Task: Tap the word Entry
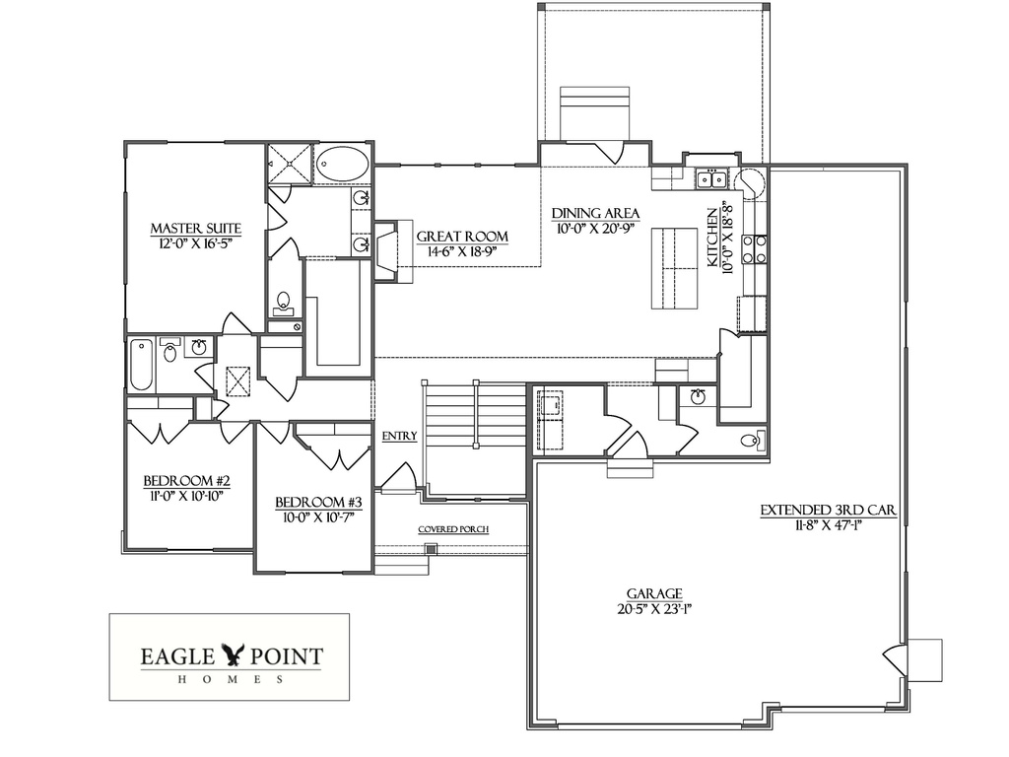pos(399,436)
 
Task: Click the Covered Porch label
pos(453,529)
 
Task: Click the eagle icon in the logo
pos(234,654)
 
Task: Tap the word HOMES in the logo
pos(231,679)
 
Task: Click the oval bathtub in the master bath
pos(343,164)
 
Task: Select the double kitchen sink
pos(710,179)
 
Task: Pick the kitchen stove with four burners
pos(755,248)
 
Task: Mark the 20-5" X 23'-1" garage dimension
pos(654,609)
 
